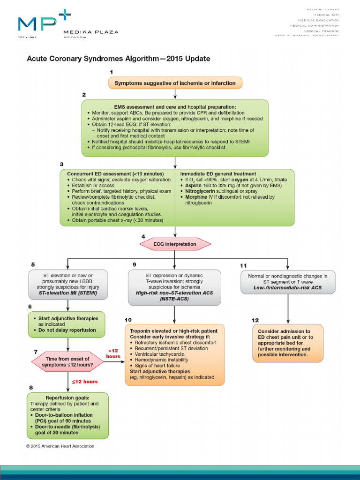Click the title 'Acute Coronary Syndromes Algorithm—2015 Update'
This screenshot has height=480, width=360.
pyautogui.click(x=118, y=59)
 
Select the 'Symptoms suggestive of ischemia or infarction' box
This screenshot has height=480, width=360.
pyautogui.click(x=175, y=83)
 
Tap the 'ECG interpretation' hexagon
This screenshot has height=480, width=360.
pyautogui.click(x=175, y=244)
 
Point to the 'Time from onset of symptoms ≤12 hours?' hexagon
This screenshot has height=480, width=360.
pyautogui.click(x=68, y=361)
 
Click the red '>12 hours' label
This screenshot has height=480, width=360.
pyautogui.click(x=113, y=353)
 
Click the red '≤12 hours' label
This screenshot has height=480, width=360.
pyautogui.click(x=83, y=382)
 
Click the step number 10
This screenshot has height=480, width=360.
pyautogui.click(x=128, y=320)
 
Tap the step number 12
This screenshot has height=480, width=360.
pyautogui.click(x=255, y=320)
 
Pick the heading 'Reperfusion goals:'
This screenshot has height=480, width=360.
pyautogui.click(x=68, y=397)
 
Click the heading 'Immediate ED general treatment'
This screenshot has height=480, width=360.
pyautogui.click(x=218, y=173)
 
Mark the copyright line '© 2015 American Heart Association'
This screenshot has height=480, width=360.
pyautogui.click(x=60, y=446)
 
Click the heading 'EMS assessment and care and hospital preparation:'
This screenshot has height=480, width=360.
pyautogui.click(x=174, y=107)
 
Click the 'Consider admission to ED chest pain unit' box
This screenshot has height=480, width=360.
pyautogui.click(x=287, y=343)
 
